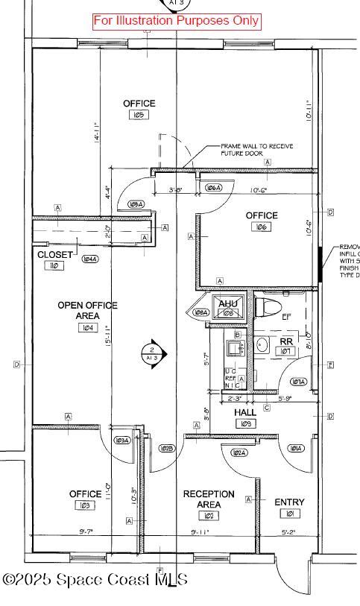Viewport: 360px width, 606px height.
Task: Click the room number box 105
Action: [139, 115]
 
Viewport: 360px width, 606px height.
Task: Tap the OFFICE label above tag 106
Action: [262, 215]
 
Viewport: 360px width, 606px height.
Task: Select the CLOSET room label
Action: [55, 255]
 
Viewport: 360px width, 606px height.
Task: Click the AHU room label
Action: [227, 303]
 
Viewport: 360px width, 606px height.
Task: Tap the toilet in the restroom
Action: [268, 306]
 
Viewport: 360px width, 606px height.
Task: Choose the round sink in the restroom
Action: [262, 344]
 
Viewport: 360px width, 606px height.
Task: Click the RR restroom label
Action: [285, 341]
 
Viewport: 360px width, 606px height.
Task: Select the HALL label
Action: [245, 412]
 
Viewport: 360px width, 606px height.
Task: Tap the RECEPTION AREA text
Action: [209, 499]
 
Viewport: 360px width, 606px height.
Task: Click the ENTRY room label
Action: [289, 502]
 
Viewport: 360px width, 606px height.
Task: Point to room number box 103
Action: [85, 505]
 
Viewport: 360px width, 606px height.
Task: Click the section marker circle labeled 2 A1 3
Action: [152, 353]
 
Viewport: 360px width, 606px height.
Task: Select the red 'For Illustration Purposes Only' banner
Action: [177, 21]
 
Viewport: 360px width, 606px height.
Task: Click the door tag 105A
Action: [136, 203]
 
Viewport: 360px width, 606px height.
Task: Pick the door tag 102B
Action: [167, 448]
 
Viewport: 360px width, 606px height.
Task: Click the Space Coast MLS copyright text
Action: [95, 579]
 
